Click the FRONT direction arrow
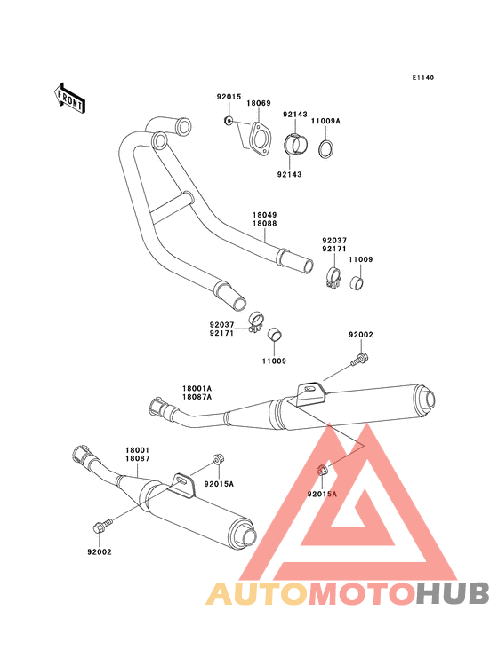[69, 99]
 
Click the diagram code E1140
[423, 77]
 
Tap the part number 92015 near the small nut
[229, 97]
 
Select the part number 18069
[259, 103]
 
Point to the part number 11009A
[325, 121]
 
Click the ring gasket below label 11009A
[326, 149]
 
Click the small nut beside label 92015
[228, 121]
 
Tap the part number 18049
[265, 215]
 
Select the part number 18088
[265, 224]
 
